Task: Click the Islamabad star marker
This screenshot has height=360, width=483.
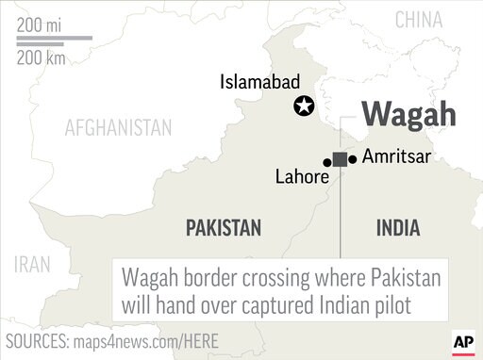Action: pyautogui.click(x=304, y=106)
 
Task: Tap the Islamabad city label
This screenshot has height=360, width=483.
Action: pyautogui.click(x=260, y=82)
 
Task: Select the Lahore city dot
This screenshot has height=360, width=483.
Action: pyautogui.click(x=327, y=162)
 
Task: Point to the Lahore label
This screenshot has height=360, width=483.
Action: pyautogui.click(x=302, y=176)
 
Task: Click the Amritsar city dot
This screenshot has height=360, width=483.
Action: pyautogui.click(x=353, y=159)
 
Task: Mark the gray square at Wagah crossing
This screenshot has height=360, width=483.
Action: pyautogui.click(x=340, y=160)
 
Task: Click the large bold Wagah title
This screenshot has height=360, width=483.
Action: pyautogui.click(x=409, y=114)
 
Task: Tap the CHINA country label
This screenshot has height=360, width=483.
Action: pyautogui.click(x=419, y=20)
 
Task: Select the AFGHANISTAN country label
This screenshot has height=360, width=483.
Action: pyautogui.click(x=118, y=127)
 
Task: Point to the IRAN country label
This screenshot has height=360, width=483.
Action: pyautogui.click(x=32, y=264)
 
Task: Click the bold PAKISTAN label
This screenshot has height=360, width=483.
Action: pyautogui.click(x=224, y=227)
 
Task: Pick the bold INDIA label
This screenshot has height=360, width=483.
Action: pyautogui.click(x=398, y=227)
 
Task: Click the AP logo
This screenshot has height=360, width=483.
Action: pyautogui.click(x=462, y=341)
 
